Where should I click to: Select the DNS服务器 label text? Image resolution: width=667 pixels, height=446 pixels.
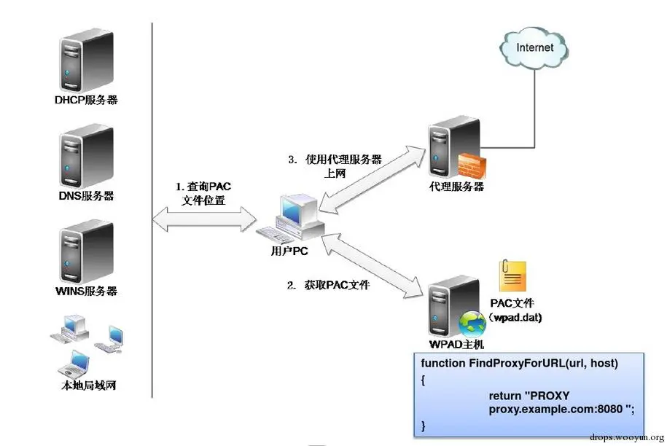(86, 196)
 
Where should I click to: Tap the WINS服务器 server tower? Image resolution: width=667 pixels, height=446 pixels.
(86, 252)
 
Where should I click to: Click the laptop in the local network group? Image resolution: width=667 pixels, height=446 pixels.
(75, 361)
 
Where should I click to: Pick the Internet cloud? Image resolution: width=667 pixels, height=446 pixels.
(534, 48)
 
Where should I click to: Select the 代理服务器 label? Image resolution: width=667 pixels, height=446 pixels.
(457, 187)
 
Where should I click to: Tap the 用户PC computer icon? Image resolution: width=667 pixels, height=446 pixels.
(292, 219)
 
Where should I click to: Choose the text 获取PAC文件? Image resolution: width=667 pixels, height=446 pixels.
(328, 285)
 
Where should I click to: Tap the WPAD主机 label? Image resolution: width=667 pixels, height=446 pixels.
(457, 343)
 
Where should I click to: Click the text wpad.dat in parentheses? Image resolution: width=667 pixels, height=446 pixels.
(516, 318)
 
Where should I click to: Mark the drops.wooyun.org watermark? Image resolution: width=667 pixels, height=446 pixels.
(627, 439)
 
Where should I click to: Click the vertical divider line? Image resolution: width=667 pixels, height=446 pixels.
(152, 211)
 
